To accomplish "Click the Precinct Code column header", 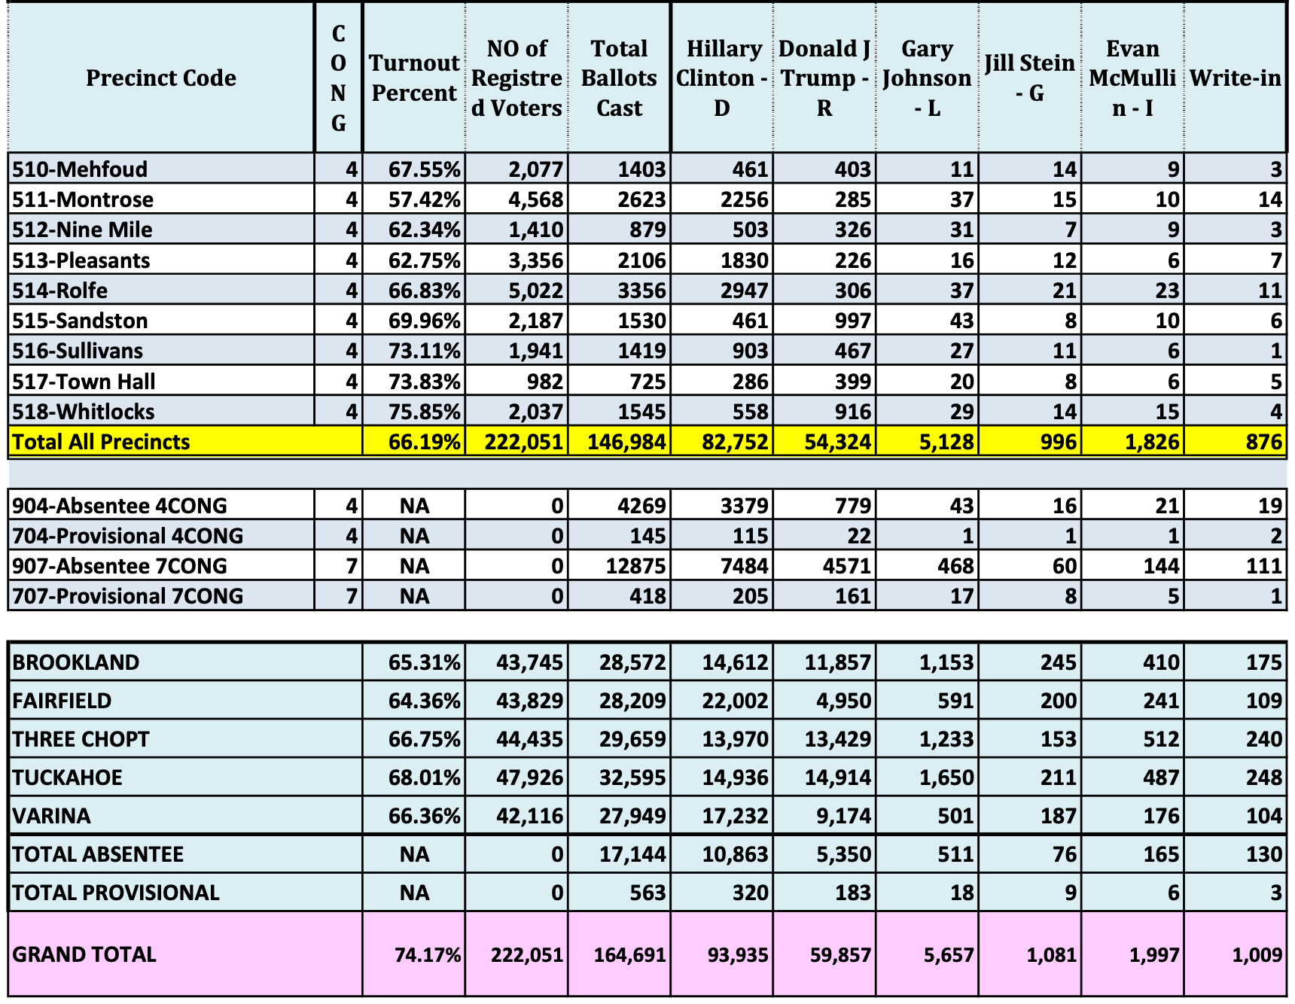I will click(160, 78).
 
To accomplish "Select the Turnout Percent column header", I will click(414, 78).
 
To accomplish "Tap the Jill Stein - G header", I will click(1029, 78).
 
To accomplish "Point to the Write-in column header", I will click(1235, 78).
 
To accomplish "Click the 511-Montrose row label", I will click(83, 199).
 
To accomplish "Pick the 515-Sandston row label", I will click(80, 321).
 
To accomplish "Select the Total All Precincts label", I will click(101, 442).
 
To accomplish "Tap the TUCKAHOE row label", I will click(67, 777).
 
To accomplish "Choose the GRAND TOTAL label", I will click(84, 954).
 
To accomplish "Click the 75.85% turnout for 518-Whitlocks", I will click(424, 412).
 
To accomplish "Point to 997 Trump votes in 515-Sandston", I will click(852, 321).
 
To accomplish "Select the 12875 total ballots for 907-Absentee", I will click(635, 566).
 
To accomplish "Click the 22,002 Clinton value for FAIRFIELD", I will click(735, 701).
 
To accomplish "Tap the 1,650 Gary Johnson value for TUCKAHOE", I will click(946, 777).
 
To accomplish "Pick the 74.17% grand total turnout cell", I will click(427, 955).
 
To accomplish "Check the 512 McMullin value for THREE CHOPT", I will click(1161, 739).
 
